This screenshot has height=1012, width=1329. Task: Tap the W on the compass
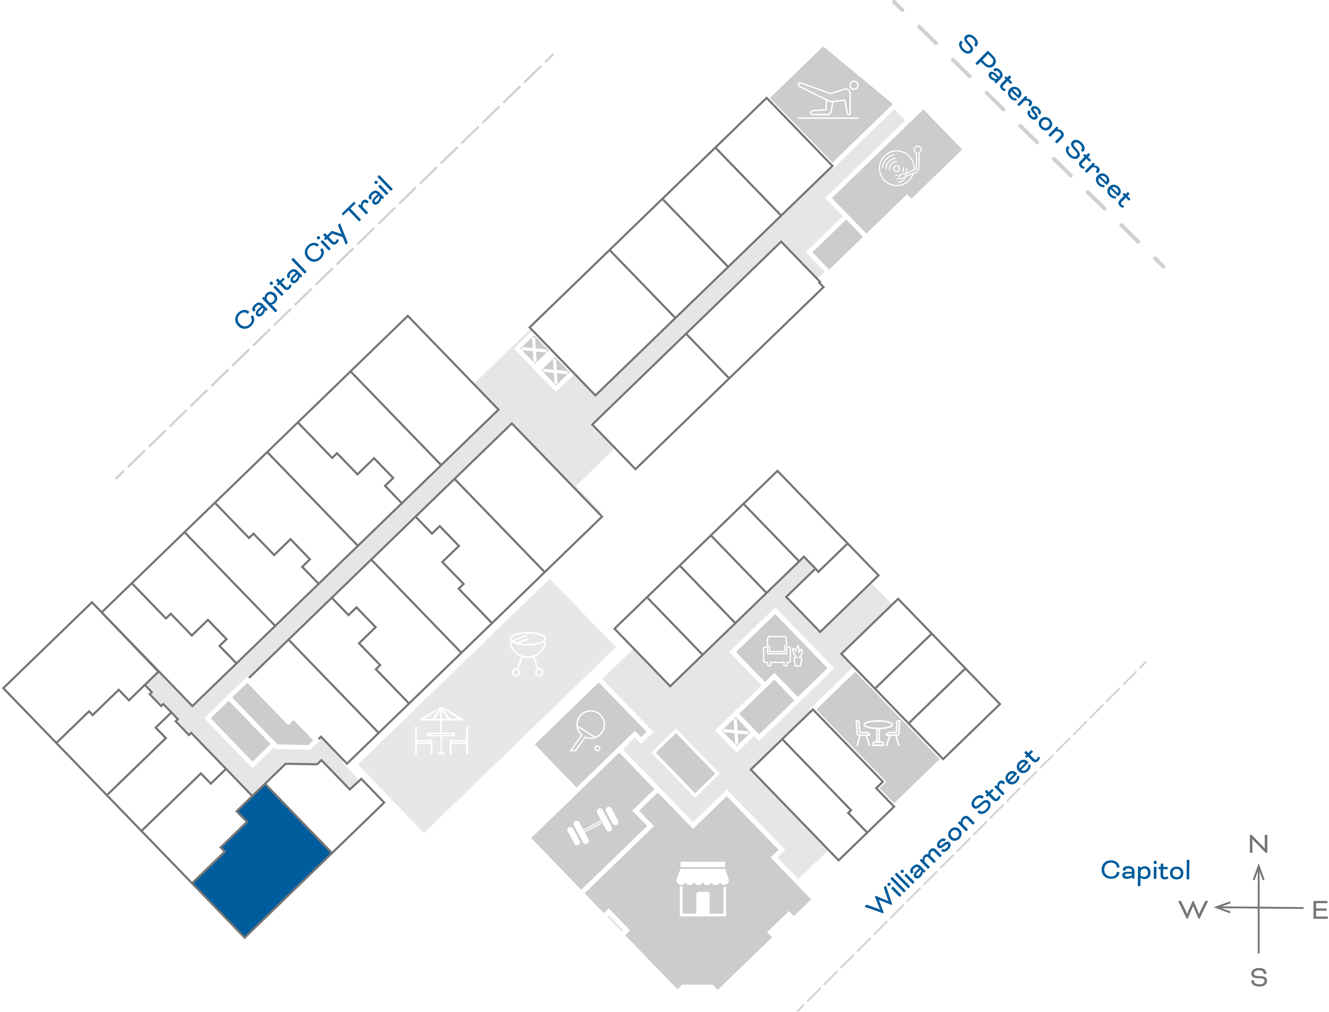[x=1193, y=910]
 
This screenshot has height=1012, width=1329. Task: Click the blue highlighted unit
[x=265, y=861]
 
